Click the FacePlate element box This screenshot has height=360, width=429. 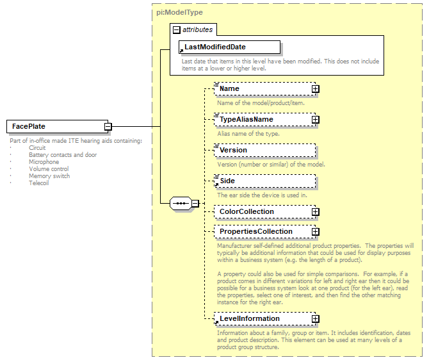tap(55, 127)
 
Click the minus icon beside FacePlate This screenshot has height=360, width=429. tap(109, 127)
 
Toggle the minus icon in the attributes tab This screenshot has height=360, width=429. tap(177, 29)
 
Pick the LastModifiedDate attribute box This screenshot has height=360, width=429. tap(229, 47)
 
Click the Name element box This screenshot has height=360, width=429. tap(263, 89)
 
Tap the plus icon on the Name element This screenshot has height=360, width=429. tap(315, 89)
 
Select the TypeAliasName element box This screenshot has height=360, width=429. tap(263, 120)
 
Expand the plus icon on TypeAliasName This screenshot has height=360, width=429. tap(315, 120)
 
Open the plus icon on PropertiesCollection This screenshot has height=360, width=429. tap(315, 232)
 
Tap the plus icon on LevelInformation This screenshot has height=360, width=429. tap(315, 319)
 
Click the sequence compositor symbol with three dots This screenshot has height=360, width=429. tap(181, 204)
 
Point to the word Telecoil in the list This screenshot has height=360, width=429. tap(39, 183)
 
